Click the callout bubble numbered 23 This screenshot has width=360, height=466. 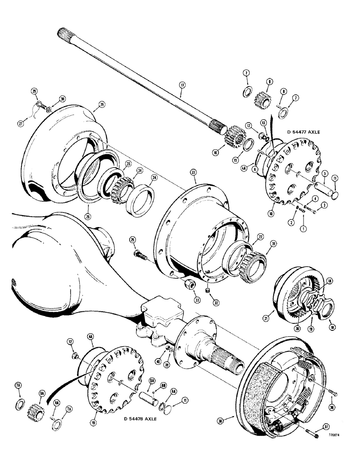[x=194, y=172]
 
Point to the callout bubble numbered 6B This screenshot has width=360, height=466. [x=163, y=386]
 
